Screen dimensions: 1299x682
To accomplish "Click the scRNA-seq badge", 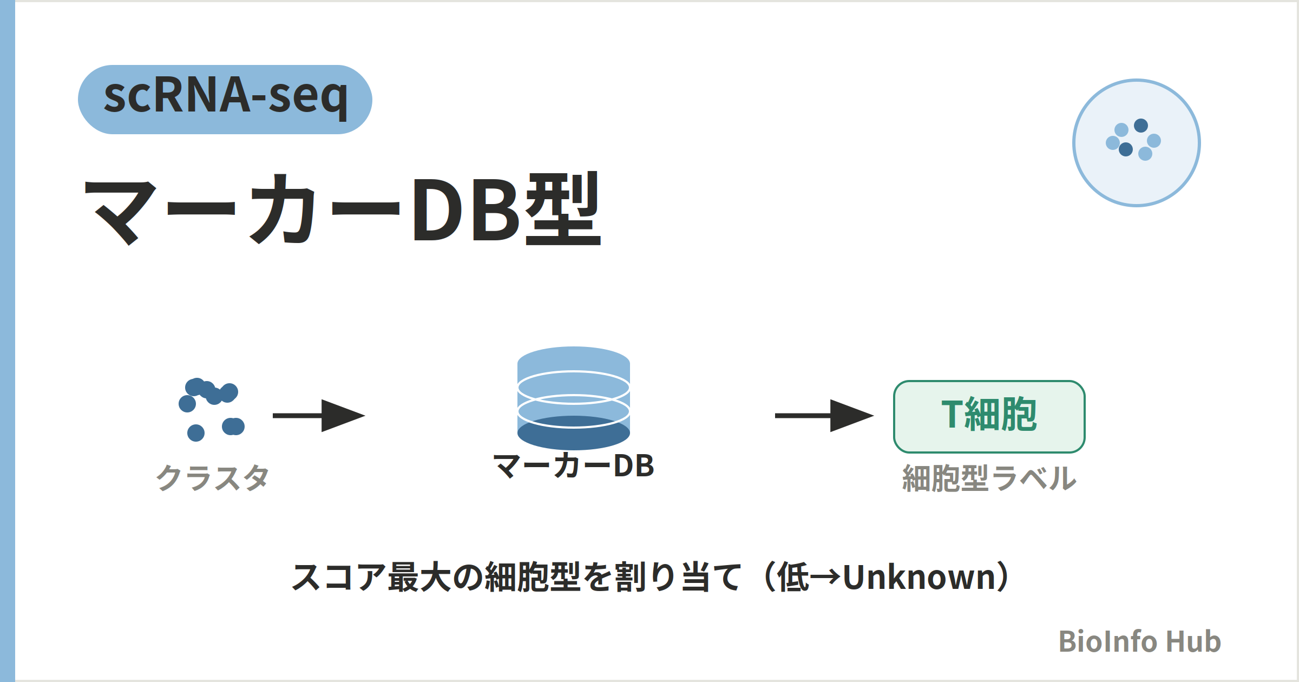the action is click(x=225, y=100).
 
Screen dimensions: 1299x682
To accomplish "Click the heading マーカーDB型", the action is click(x=343, y=209).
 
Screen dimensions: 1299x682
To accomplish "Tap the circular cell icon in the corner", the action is click(x=1137, y=143).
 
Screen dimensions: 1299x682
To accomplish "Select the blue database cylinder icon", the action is click(x=574, y=398).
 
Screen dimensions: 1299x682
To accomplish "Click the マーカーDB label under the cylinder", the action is click(x=574, y=466).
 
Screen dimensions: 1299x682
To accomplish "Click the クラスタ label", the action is click(x=212, y=478).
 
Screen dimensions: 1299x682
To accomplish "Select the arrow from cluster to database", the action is click(x=319, y=416).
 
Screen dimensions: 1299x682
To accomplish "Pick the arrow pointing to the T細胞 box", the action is click(x=824, y=416).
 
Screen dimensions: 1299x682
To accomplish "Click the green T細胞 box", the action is click(x=989, y=417).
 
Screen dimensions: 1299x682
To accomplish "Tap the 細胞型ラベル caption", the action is click(x=989, y=478).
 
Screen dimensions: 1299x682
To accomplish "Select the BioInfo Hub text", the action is click(x=1140, y=641).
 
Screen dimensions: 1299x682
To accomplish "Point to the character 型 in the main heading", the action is click(x=563, y=209).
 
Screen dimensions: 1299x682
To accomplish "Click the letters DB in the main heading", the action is click(x=467, y=209).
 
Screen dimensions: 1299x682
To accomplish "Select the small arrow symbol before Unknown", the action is click(x=826, y=578).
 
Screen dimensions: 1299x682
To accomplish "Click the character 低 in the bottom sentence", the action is click(x=793, y=577).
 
